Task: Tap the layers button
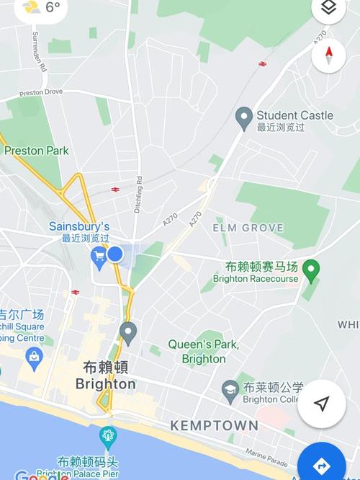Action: [x=328, y=8]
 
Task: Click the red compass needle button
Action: [x=329, y=53]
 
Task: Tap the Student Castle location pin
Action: [x=244, y=116]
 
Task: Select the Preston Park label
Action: [x=36, y=151]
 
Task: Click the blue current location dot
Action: [x=115, y=254]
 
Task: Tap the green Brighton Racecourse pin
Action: [x=311, y=270]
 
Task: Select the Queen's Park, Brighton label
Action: [x=203, y=352]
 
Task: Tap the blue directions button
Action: [x=323, y=464]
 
